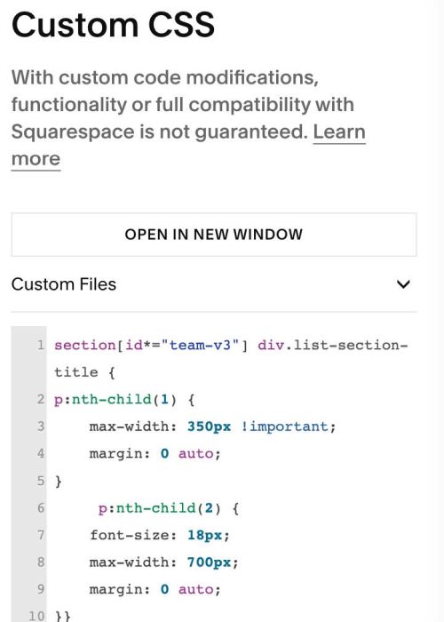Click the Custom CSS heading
[113, 25]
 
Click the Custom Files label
[64, 284]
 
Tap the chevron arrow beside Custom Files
[403, 284]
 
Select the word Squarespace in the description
[73, 132]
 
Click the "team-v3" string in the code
[200, 345]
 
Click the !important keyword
[284, 427]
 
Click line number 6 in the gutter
[41, 507]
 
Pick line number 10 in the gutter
[36, 616]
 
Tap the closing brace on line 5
[59, 482]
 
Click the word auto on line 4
[196, 453]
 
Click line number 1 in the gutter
[41, 345]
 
